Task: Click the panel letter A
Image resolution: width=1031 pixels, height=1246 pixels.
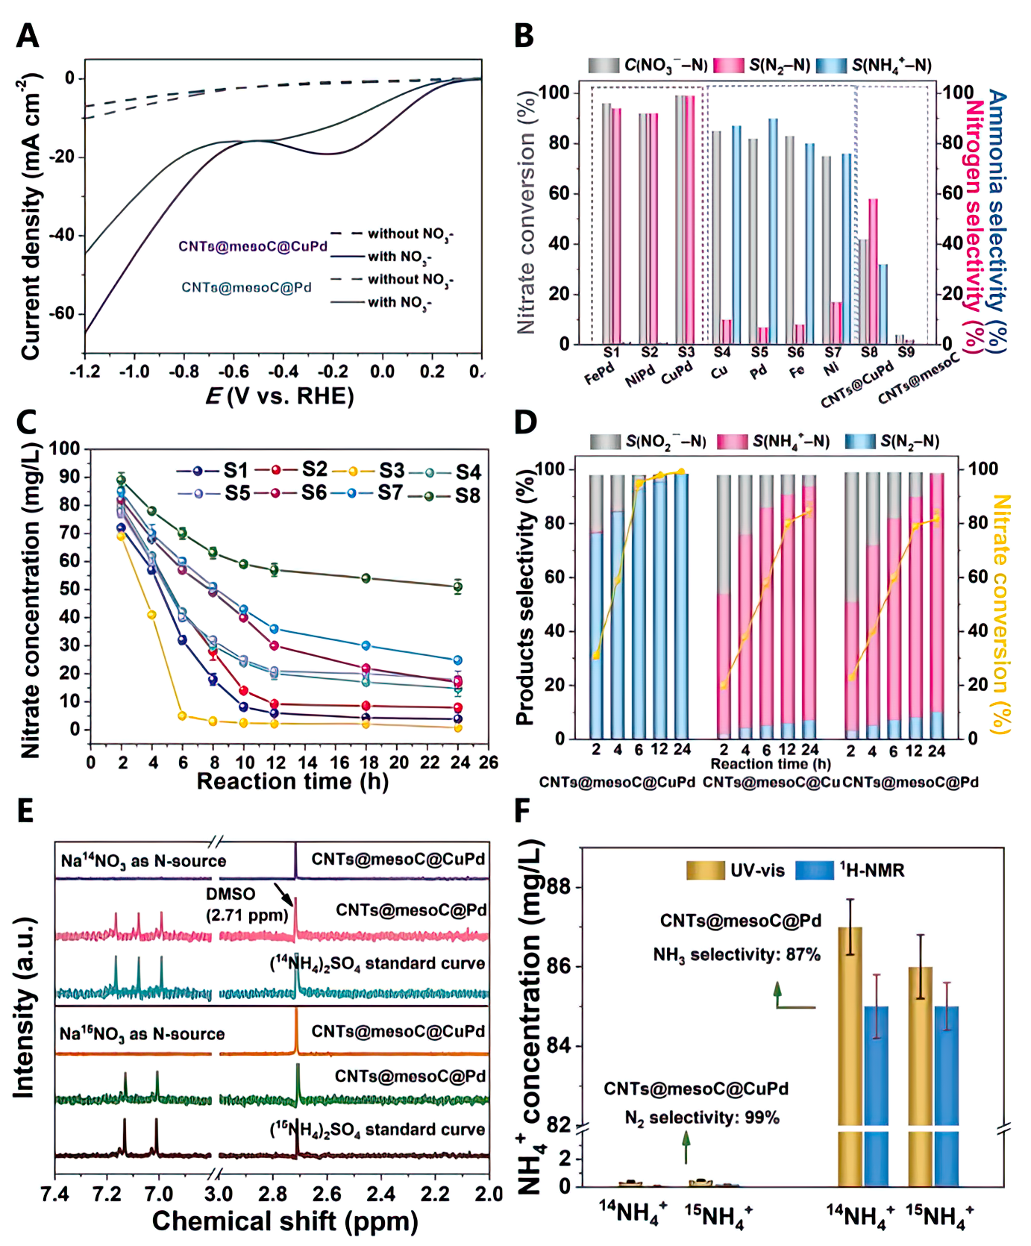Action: tap(28, 35)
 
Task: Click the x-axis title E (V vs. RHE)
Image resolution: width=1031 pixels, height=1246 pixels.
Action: tap(280, 395)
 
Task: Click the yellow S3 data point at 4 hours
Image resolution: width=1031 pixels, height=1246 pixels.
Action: tap(152, 615)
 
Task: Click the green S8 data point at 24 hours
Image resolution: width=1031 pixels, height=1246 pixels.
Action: tap(458, 586)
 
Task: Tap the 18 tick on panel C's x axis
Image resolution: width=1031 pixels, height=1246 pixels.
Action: tap(366, 763)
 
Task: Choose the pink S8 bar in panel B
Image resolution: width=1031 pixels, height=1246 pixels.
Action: tap(873, 272)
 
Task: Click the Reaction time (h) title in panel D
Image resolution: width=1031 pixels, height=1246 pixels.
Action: tap(770, 764)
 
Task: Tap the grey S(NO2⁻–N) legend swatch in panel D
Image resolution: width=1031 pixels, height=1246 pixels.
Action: tap(605, 442)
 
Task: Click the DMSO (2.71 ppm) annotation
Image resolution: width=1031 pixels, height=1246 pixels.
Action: tap(247, 904)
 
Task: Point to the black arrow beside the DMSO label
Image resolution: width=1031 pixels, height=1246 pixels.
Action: tap(283, 894)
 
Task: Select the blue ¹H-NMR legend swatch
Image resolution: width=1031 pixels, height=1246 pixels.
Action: tap(814, 870)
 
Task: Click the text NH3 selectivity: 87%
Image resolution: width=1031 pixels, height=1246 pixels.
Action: tap(736, 955)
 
